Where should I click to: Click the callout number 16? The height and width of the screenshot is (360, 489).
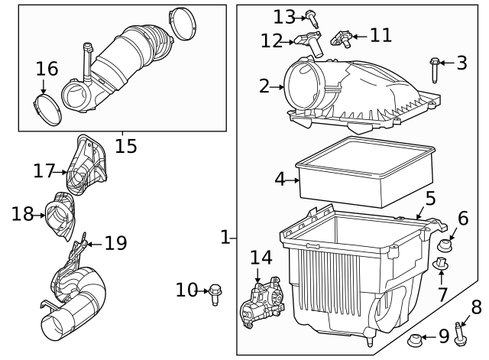[x=47, y=69]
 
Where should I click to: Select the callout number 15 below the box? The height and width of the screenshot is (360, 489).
[x=126, y=144]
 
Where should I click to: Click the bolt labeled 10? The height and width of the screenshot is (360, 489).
[x=215, y=290]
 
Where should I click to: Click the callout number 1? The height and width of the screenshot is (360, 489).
[x=225, y=238]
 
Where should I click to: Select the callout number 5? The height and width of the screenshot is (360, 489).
[x=430, y=199]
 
